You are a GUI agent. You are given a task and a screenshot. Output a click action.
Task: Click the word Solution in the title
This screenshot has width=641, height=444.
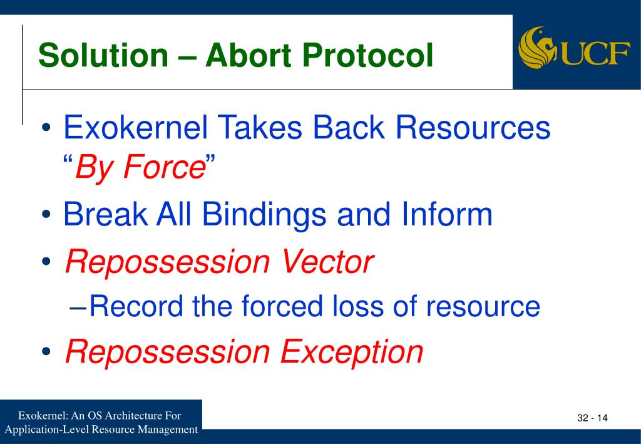[103, 55]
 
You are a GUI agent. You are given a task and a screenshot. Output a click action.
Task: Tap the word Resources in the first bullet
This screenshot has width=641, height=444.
[473, 127]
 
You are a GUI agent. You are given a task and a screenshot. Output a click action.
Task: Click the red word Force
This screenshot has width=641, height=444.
[164, 167]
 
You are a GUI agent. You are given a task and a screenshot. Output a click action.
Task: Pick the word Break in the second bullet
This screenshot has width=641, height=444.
[105, 214]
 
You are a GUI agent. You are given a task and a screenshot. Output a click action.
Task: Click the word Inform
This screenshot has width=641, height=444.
[447, 214]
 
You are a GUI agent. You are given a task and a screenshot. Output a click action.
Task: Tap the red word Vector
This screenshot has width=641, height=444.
[327, 262]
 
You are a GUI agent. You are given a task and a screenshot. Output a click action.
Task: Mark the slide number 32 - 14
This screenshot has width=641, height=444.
[592, 418]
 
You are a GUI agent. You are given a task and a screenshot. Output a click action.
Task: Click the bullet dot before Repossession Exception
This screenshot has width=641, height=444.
[46, 351]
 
